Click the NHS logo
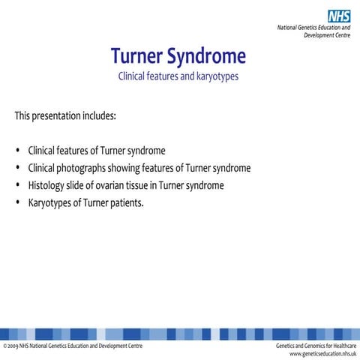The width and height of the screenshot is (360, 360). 339,15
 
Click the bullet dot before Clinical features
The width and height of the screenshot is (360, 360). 16,151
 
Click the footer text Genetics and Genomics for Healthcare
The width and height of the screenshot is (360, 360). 316,346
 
